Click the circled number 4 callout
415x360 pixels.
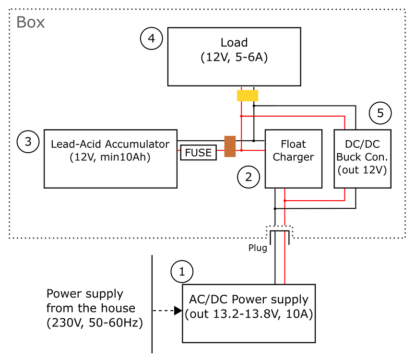tap(151, 38)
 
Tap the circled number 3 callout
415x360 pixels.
tap(28, 142)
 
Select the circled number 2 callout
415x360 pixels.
tap(249, 177)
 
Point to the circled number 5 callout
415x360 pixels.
tap(380, 113)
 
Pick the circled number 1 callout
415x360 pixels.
tap(182, 272)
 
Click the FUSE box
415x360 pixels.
tap(198, 153)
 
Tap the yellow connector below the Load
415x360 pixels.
tap(248, 96)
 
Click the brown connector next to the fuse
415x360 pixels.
tap(230, 146)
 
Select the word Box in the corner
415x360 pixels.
tap(30, 23)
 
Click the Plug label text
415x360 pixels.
tap(258, 248)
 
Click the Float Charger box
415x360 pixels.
tap(293, 158)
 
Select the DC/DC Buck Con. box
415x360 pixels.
tap(362, 158)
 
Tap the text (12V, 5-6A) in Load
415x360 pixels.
tap(234, 58)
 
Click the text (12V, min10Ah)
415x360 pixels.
tap(110, 157)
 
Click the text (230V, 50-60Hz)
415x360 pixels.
tap(95, 323)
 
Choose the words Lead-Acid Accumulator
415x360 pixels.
tap(110, 144)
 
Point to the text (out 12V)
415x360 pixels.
tap(362, 169)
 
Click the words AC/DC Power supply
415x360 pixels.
tap(249, 300)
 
